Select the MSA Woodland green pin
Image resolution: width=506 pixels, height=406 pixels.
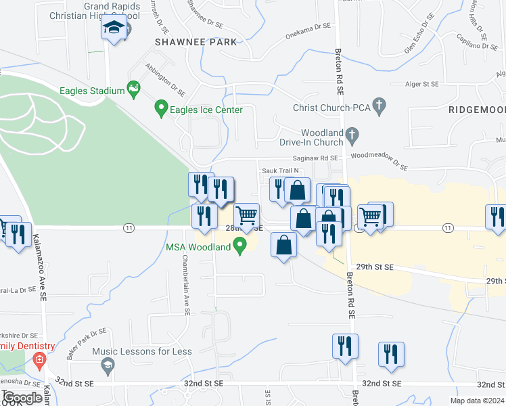tap(239, 248)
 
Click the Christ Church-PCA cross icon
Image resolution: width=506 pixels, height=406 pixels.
tap(379, 106)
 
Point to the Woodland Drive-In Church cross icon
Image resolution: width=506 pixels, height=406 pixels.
tap(352, 137)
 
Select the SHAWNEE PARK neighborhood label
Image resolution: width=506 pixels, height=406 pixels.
tap(196, 42)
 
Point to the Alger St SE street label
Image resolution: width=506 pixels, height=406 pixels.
tap(421, 84)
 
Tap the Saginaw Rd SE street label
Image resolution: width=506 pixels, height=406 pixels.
tap(321, 158)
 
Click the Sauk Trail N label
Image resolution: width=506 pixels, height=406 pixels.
tap(280, 171)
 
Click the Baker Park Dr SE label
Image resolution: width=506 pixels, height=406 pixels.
tap(87, 343)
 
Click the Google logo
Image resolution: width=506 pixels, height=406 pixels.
tap(23, 398)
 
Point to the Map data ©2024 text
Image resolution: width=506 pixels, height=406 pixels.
tap(476, 401)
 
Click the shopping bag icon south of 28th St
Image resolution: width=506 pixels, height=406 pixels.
tap(284, 244)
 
